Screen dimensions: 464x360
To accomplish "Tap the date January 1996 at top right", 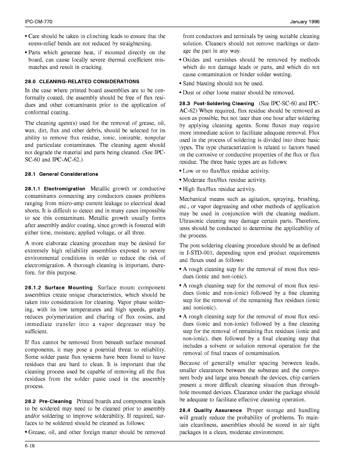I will [x=305, y=22].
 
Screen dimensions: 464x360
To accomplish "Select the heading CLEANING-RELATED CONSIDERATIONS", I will [x=89, y=81].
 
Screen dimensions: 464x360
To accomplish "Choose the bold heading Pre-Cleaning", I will [x=55, y=401].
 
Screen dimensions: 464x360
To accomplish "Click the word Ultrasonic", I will [x=192, y=221].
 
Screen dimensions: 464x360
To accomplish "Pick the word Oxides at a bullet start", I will [x=191, y=60].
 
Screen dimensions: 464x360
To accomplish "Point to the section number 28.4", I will [x=185, y=410].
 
